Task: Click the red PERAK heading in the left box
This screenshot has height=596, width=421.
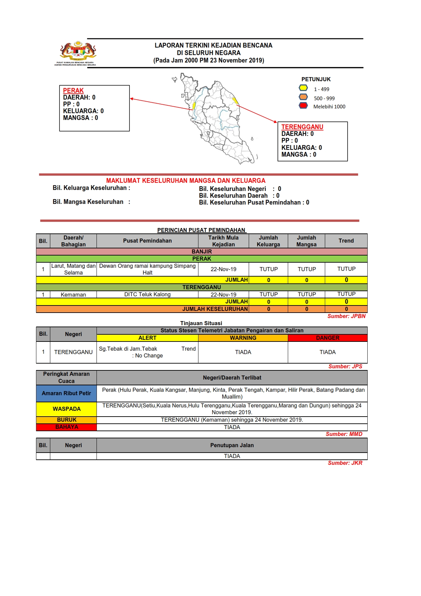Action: (73, 91)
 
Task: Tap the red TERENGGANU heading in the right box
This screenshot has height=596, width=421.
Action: (302, 127)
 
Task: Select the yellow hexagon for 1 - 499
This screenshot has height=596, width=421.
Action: (303, 88)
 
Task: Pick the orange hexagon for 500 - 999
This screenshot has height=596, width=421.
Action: (303, 97)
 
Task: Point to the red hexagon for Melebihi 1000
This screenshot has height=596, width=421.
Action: (303, 105)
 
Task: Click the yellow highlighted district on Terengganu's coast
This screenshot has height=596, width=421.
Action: (235, 101)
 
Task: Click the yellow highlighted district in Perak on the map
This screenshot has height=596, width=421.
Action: (194, 106)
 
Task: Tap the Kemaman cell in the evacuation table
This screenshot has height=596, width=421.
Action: (73, 295)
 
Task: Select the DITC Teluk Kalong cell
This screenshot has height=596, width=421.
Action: (147, 295)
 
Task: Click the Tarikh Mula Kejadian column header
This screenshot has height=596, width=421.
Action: (223, 241)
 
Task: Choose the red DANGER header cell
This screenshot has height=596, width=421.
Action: (327, 338)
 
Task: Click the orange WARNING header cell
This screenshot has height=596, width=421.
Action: (243, 338)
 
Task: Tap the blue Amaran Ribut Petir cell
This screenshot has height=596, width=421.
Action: (66, 393)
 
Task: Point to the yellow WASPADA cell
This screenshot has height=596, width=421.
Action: (66, 409)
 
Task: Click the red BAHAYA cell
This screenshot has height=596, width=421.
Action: (66, 427)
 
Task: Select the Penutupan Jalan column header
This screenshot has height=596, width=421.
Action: (232, 445)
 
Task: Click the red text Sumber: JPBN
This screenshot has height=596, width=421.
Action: (346, 316)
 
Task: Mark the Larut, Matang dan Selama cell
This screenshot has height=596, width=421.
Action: (73, 269)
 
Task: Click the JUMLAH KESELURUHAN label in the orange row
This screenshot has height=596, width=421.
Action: (215, 309)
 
